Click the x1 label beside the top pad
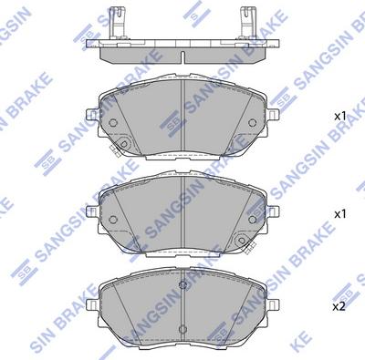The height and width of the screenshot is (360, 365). [x=339, y=117]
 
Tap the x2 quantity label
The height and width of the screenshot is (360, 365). [x=339, y=305]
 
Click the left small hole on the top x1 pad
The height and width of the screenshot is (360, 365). [x=113, y=123]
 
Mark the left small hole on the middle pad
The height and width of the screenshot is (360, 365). [x=113, y=220]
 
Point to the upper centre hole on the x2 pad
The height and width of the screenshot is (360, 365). [x=182, y=284]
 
